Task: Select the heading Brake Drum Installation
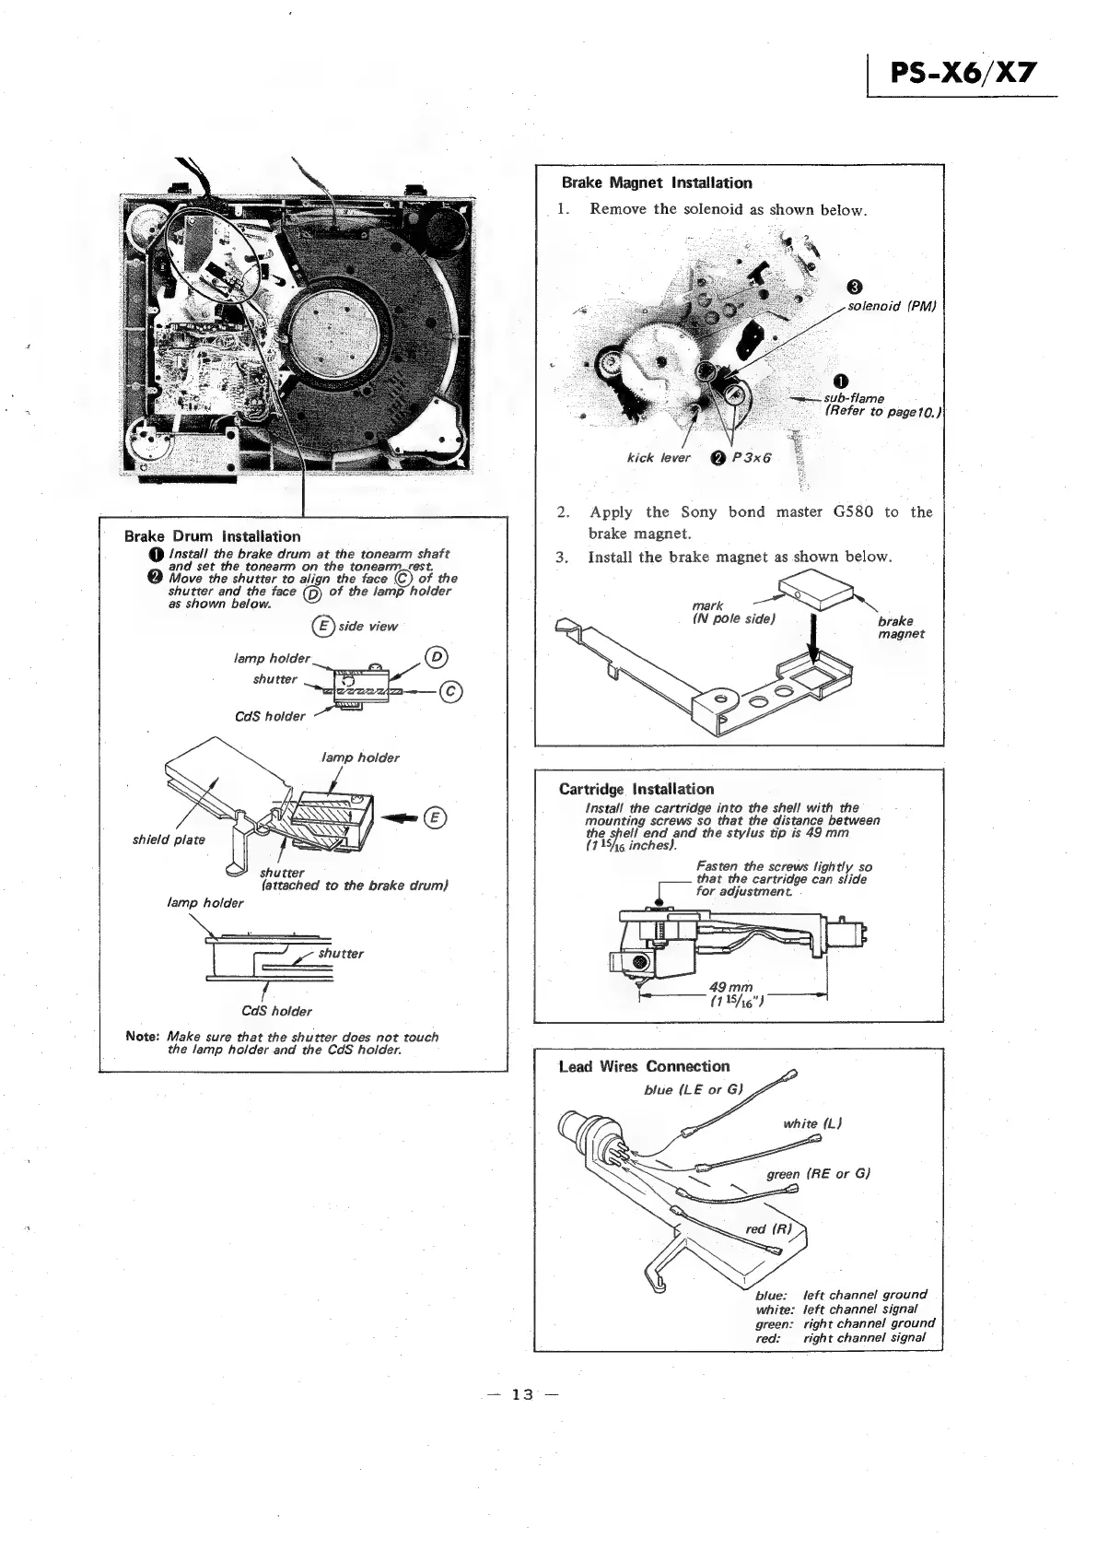point(212,536)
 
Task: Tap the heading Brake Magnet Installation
point(657,183)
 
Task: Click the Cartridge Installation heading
point(636,789)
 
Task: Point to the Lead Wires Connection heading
point(644,1066)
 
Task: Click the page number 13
point(522,1394)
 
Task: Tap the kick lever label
point(658,458)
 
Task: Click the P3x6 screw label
point(751,458)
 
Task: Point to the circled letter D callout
point(436,657)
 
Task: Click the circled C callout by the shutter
point(451,691)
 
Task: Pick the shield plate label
point(169,840)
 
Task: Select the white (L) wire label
point(812,1123)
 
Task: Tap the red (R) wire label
point(768,1228)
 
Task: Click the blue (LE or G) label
point(694,1090)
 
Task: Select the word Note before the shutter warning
point(143,1037)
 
